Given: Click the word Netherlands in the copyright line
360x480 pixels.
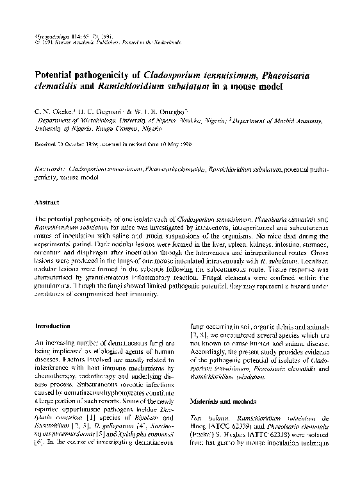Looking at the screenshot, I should click(x=161, y=43).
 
